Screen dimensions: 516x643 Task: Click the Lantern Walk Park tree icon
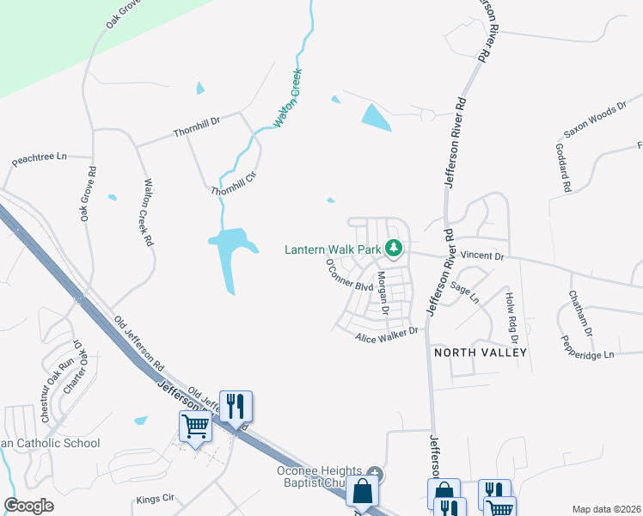[395, 249]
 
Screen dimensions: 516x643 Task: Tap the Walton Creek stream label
[288, 98]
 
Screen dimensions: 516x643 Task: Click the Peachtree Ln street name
[39, 159]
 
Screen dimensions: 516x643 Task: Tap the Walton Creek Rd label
[148, 212]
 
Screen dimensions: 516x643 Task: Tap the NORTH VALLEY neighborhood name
[479, 353]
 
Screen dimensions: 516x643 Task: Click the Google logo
[28, 505]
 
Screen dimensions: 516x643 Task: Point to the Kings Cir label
[156, 498]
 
